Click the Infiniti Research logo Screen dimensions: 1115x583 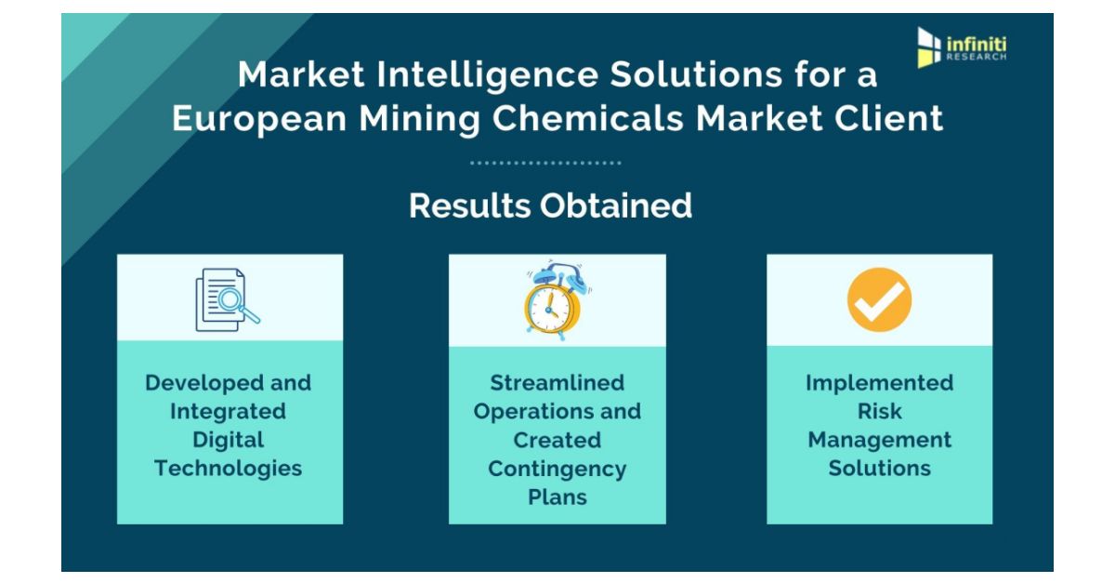962,47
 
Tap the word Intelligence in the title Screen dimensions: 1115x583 487,75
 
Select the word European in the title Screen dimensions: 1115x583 259,119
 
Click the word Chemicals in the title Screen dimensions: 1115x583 587,118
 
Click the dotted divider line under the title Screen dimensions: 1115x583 545,163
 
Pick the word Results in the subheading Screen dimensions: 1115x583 470,205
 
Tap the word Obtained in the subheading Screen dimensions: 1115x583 616,205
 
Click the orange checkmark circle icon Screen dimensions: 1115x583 880,299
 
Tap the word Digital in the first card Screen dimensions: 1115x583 229,440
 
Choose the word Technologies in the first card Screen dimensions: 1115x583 228,469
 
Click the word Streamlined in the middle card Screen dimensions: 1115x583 557,383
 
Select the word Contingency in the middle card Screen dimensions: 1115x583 557,469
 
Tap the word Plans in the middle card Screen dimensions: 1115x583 557,497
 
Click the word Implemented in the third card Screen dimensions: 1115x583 880,383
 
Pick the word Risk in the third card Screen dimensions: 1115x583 880,411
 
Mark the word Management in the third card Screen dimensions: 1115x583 880,440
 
